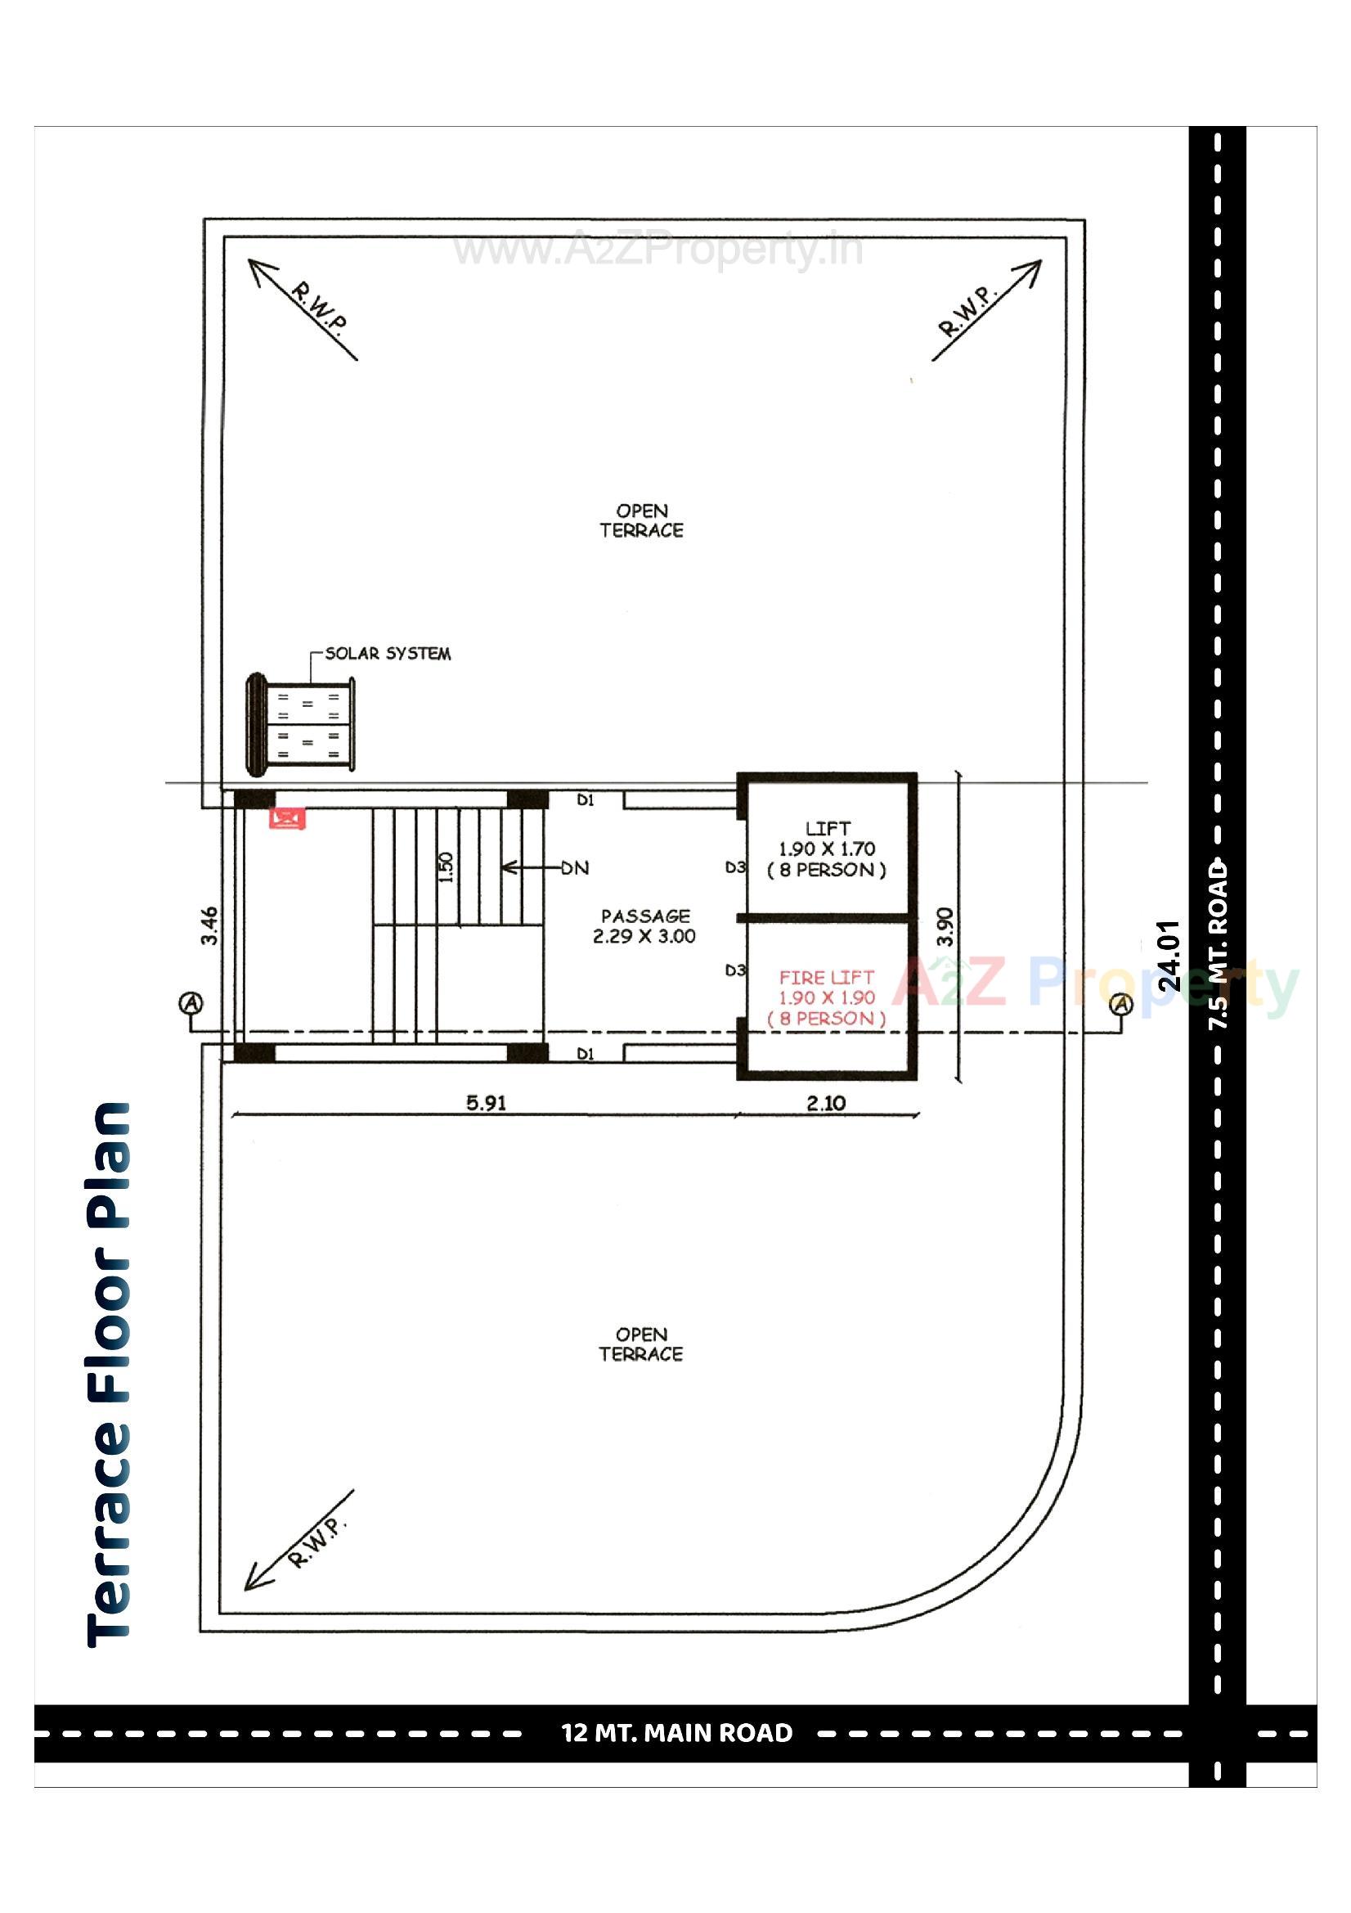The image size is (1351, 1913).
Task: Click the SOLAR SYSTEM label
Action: [388, 653]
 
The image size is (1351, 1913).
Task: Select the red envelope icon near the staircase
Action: [287, 817]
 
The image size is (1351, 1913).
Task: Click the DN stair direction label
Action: [574, 868]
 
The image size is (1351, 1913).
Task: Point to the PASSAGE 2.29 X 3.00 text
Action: [644, 925]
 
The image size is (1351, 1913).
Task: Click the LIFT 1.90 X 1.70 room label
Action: [826, 849]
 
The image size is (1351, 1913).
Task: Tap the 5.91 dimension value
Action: [486, 1103]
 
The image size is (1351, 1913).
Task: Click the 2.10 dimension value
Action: [825, 1103]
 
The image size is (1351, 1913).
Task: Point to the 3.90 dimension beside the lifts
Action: [945, 925]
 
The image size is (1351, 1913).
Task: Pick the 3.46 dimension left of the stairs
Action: [210, 925]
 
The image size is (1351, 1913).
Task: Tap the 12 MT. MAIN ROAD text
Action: [676, 1733]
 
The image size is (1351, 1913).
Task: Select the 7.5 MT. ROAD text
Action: [1218, 945]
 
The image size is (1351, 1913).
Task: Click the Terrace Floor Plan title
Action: [109, 1374]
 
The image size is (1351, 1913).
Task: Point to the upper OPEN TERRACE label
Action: [641, 520]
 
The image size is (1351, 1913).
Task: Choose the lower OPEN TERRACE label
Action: [640, 1344]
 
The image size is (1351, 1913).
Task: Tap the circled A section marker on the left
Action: [191, 1002]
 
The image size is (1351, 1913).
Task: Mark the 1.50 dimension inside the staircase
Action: [447, 866]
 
